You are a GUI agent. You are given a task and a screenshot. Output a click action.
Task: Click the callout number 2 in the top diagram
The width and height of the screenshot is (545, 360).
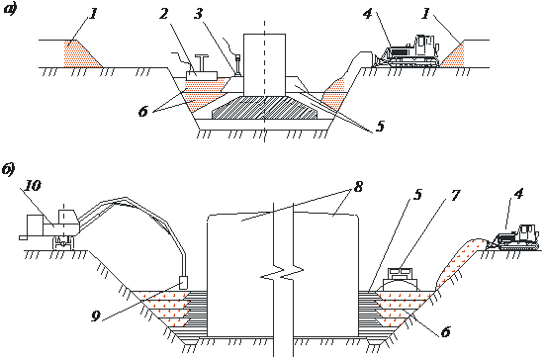164,14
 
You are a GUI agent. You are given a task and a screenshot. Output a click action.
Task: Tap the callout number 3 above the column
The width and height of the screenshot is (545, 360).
198,14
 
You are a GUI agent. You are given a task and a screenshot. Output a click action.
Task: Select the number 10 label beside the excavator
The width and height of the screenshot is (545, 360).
33,185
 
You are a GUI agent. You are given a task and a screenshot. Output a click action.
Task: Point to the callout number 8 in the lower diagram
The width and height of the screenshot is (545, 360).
358,187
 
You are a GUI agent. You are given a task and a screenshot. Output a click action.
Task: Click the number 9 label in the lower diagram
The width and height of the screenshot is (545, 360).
96,315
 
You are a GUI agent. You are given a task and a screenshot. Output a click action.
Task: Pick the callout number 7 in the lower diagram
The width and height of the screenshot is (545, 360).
455,195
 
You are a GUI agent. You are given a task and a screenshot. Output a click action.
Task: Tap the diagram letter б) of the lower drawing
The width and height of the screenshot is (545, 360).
8,169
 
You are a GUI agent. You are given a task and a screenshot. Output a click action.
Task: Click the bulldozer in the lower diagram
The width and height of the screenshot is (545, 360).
513,237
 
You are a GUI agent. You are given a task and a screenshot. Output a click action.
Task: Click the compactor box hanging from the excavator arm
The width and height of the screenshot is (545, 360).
183,282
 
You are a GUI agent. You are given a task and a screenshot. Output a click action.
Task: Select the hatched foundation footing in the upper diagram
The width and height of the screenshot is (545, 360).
264,108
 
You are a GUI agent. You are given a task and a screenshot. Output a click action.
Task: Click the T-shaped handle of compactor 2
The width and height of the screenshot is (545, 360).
202,62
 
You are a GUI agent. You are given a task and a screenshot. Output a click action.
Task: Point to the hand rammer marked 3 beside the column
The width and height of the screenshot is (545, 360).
238,65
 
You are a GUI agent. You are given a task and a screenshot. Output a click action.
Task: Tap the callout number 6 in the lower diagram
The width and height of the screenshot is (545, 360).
446,331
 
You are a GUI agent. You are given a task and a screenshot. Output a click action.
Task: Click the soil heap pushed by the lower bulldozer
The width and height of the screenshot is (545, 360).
458,262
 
